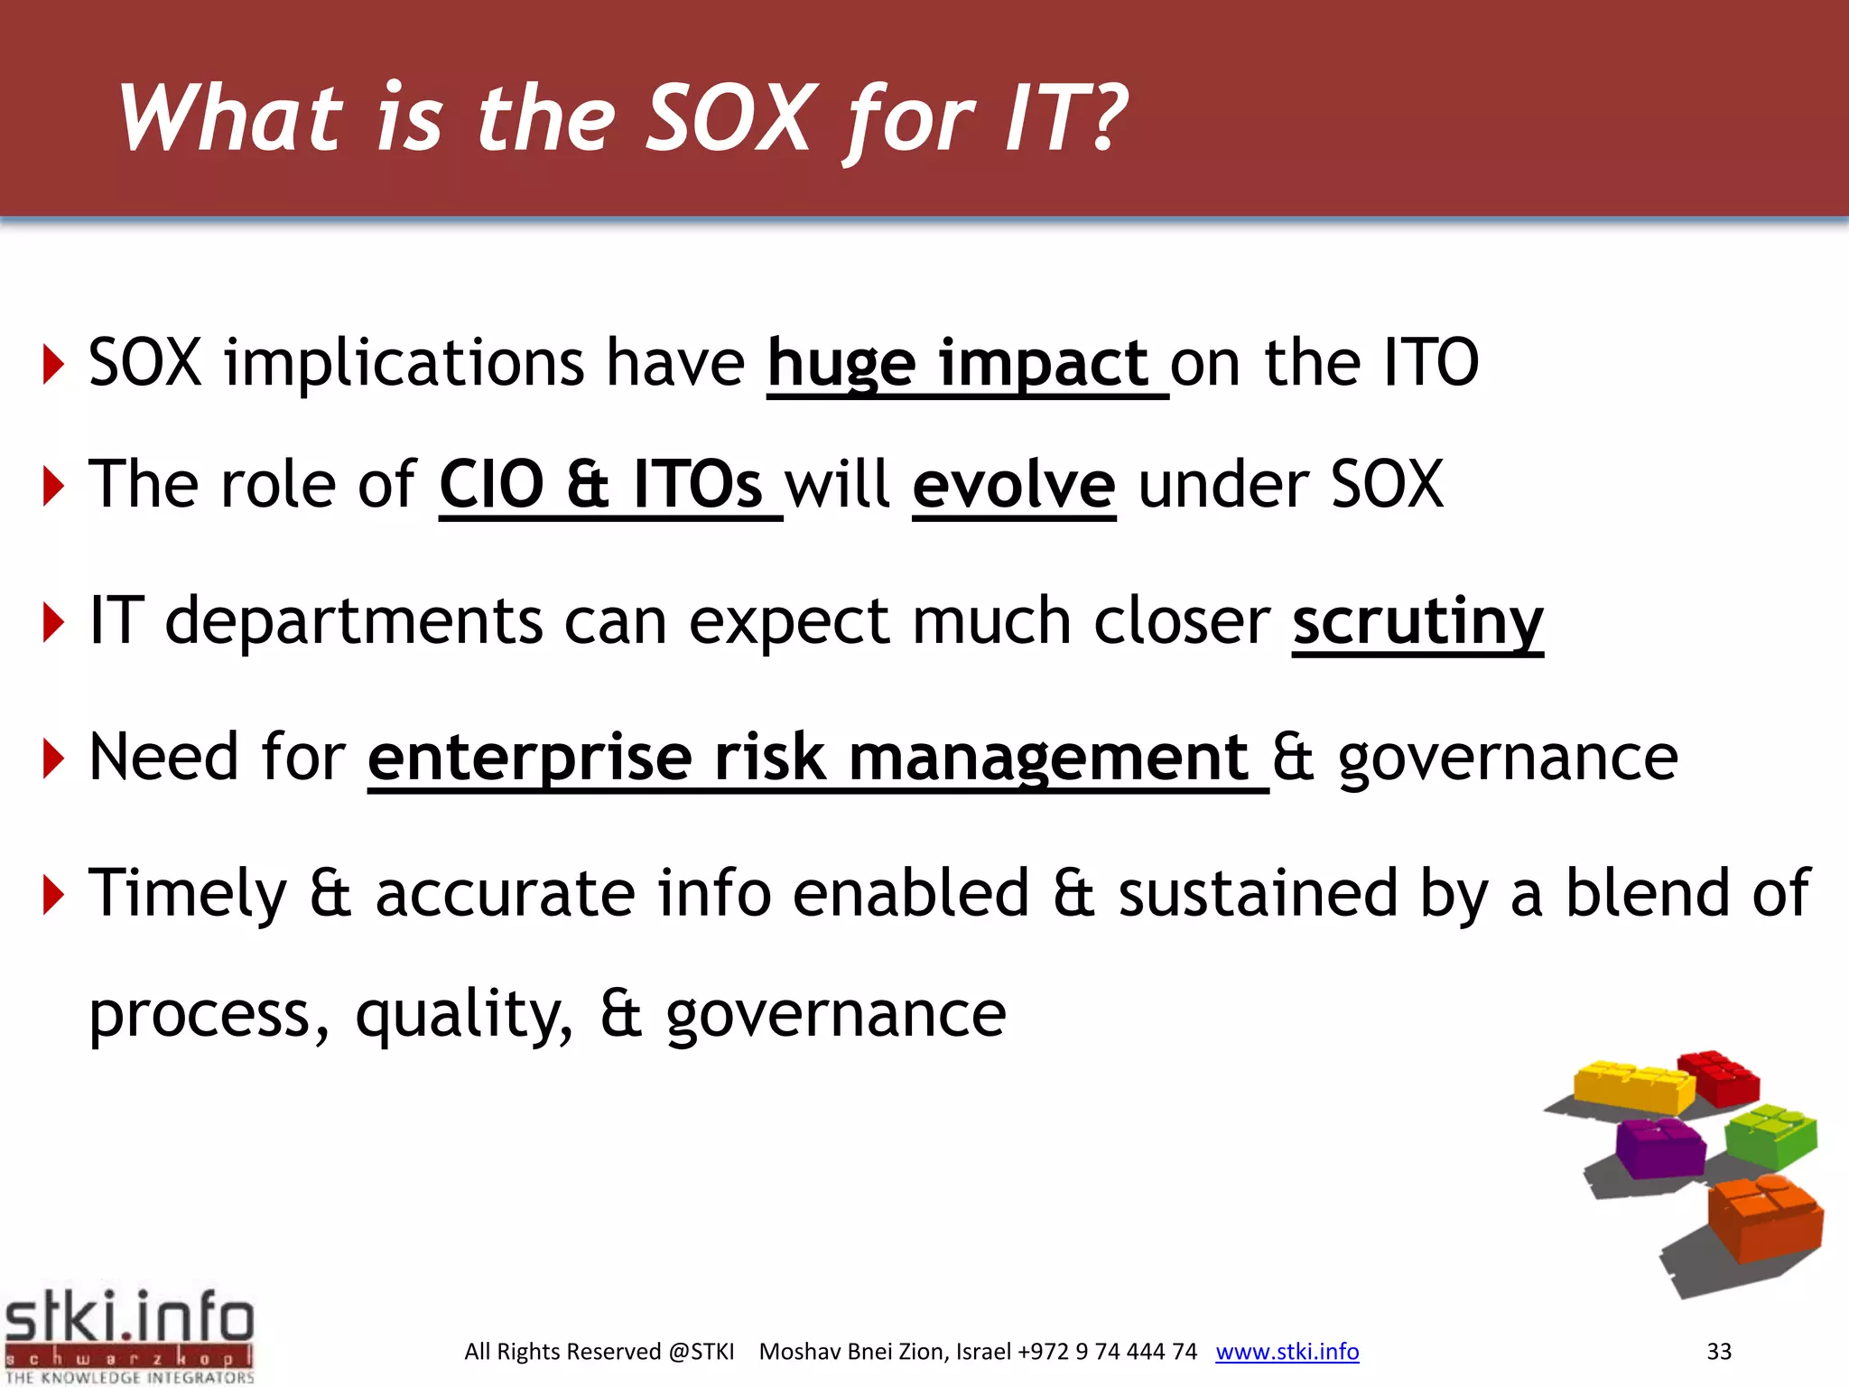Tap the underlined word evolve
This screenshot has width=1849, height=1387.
coord(1014,486)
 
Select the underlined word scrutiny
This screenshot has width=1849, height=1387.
coord(1417,623)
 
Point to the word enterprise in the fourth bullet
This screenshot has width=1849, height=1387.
coord(530,758)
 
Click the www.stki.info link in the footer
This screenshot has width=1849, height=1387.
coord(1287,1352)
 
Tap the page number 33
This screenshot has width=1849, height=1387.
coord(1718,1352)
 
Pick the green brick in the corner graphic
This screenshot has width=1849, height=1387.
coord(1770,1137)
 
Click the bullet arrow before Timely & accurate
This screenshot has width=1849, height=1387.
coord(54,895)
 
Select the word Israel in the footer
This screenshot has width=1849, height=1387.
coord(984,1352)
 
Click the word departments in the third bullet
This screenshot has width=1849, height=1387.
coord(354,622)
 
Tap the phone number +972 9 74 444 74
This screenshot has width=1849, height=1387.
coord(1107,1352)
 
